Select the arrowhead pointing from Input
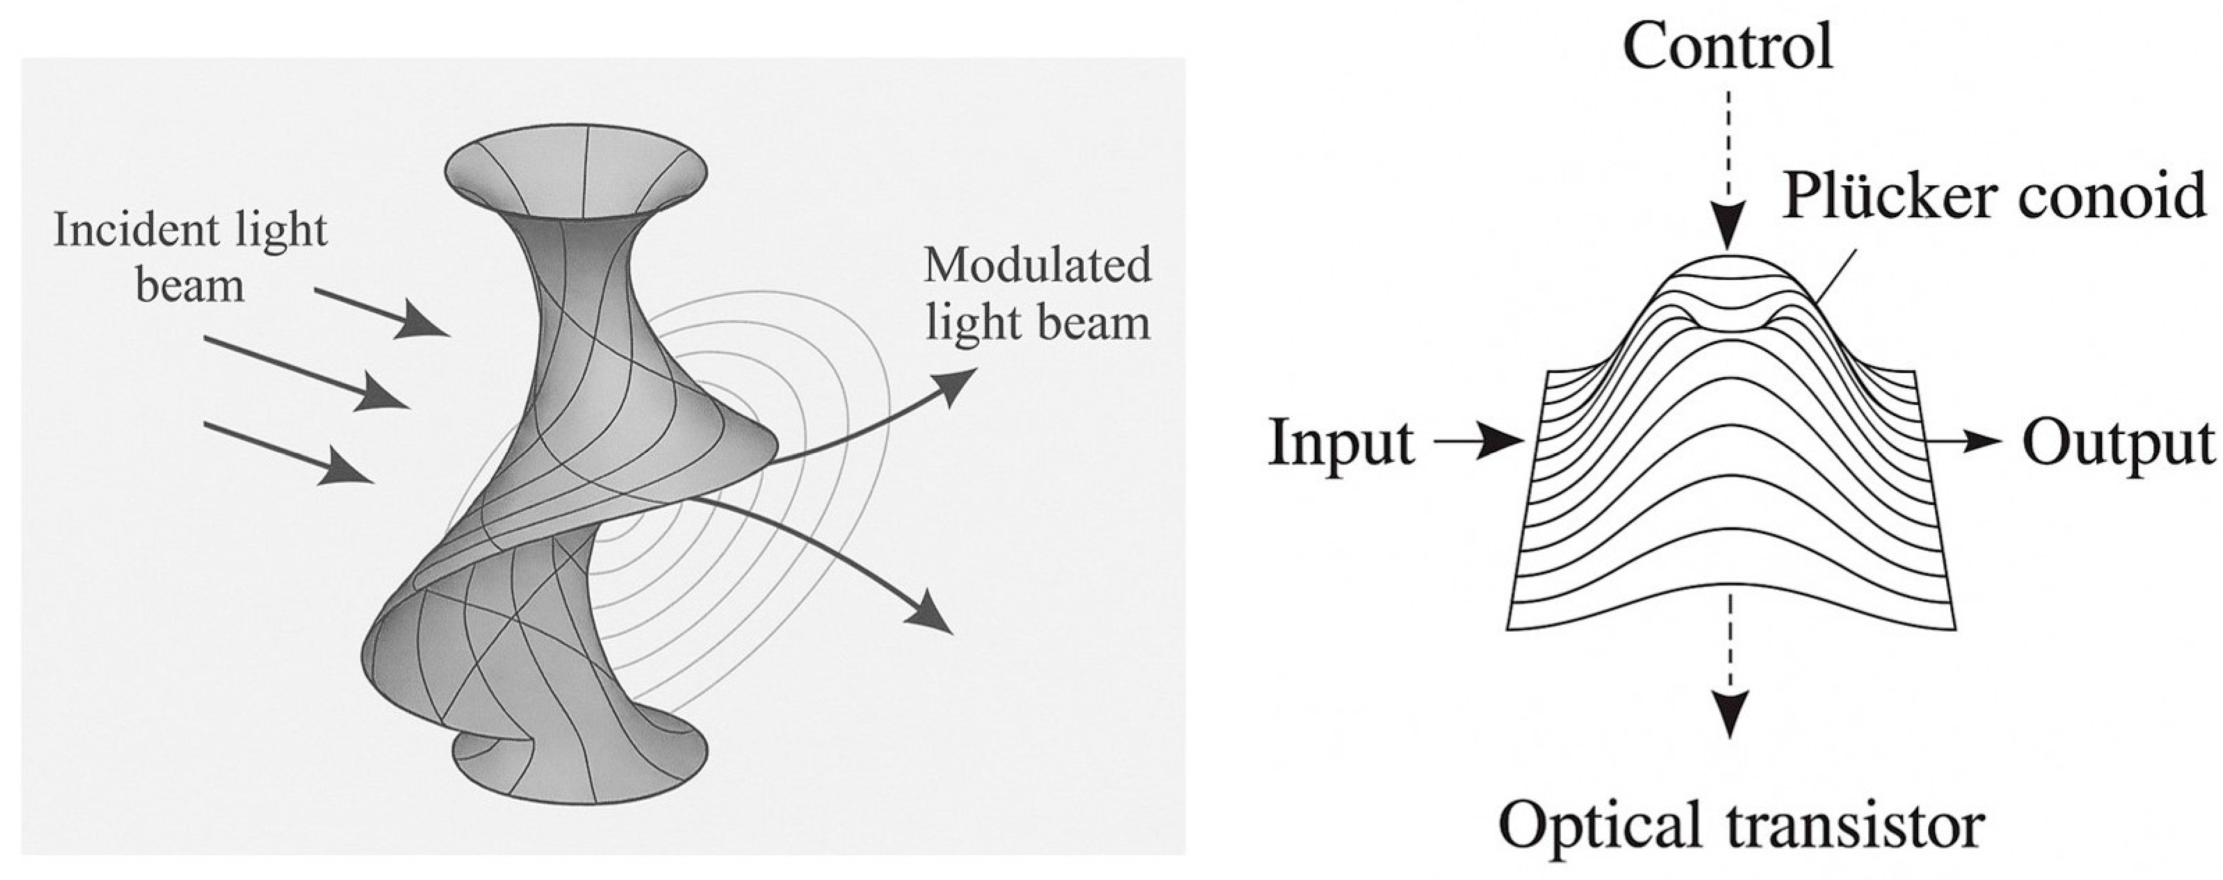tap(1506, 442)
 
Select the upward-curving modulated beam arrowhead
tap(958, 385)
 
